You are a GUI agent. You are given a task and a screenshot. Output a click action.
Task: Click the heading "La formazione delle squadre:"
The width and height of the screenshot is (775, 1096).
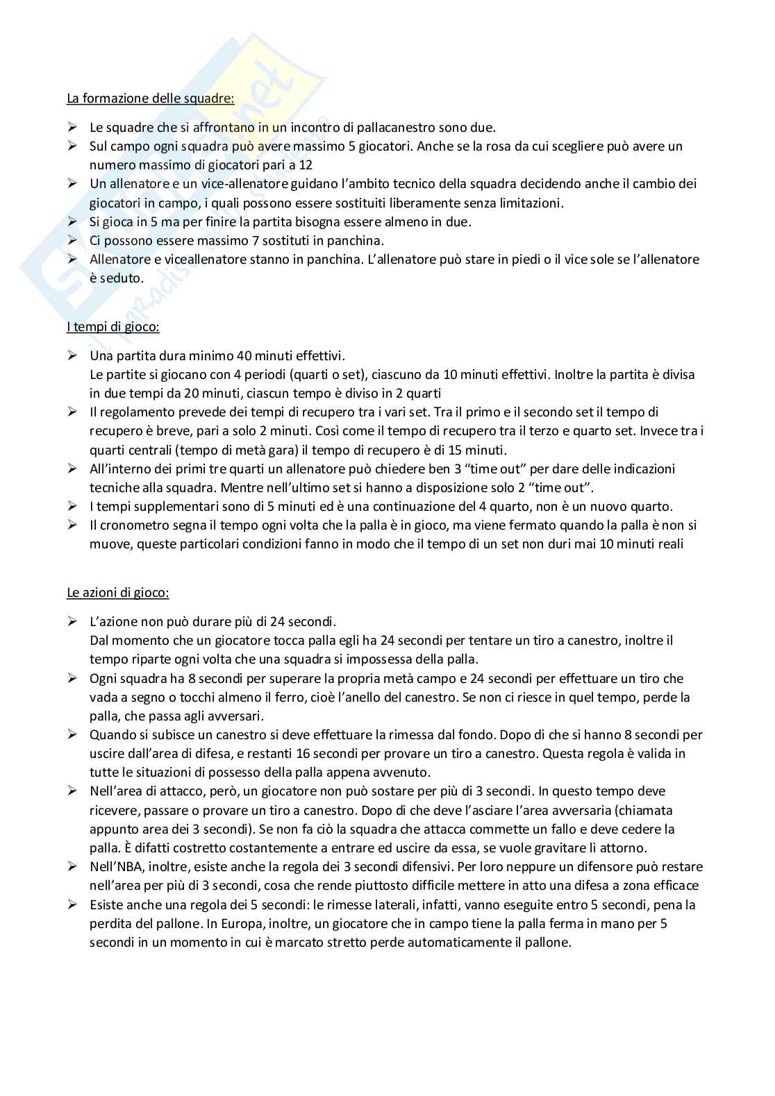pos(150,98)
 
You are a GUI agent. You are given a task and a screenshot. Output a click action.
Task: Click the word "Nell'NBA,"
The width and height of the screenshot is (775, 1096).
pos(119,866)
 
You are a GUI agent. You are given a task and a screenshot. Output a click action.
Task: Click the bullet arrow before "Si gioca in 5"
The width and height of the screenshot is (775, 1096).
pos(73,221)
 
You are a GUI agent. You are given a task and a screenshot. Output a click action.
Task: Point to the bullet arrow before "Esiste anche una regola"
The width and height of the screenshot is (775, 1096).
pos(73,904)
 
